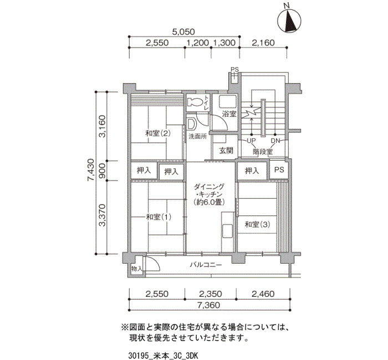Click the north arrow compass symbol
pos(289,19)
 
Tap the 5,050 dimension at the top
pos(183,32)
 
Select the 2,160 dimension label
pos(263,43)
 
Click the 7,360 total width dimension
pos(208,305)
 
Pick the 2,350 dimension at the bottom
pos(211,294)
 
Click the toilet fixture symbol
pos(196,102)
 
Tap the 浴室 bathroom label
pos(229,114)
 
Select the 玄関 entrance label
pos(226,150)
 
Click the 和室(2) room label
pos(157,133)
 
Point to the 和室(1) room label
pos(159,217)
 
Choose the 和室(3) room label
pos(257,224)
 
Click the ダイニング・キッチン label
pos(210,194)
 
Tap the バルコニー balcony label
pos(206,265)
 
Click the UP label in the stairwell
pos(252,141)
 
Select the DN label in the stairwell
pos(275,141)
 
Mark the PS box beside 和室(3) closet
pos(279,170)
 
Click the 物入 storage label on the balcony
pos(137,269)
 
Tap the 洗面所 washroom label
pos(197,136)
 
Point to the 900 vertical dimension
pos(102,171)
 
